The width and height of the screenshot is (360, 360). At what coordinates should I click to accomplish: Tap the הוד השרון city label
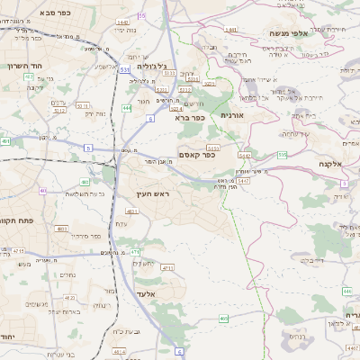pyautogui.click(x=24, y=66)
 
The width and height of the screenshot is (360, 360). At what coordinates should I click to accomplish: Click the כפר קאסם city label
pyautogui.click(x=197, y=156)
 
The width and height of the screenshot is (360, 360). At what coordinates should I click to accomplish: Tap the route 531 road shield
pyautogui.click(x=123, y=68)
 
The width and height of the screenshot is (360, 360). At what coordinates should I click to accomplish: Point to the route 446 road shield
pyautogui.click(x=346, y=291)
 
